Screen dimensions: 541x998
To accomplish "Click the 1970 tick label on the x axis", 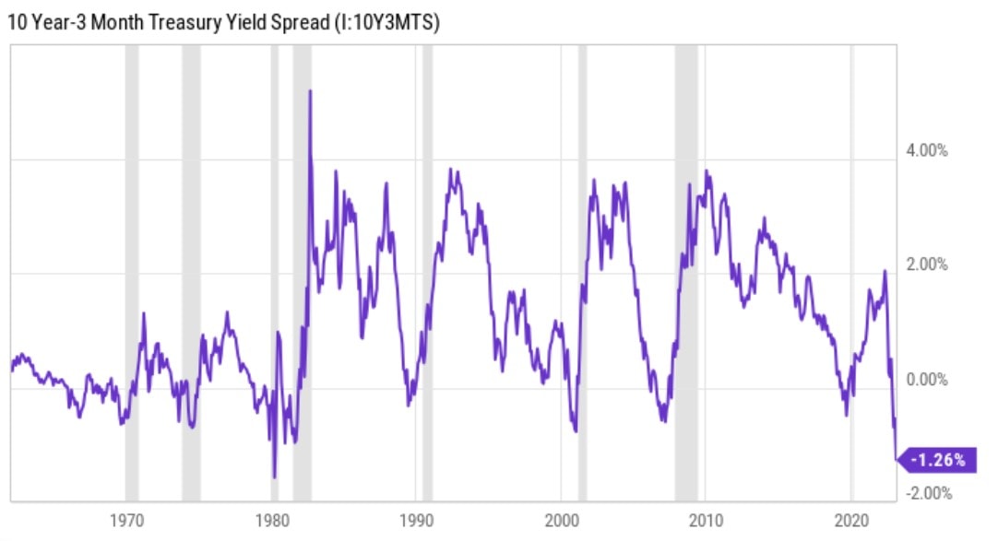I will [x=128, y=519].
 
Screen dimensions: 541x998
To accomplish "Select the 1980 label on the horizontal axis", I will [x=273, y=519].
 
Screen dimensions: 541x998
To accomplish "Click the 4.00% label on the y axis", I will [x=928, y=150].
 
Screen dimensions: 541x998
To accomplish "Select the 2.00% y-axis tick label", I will [x=928, y=265].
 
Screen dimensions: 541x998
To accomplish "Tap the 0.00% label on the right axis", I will [x=928, y=379].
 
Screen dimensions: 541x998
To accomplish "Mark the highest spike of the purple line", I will [x=310, y=91].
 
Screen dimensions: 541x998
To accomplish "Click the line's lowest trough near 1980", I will [x=274, y=476].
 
